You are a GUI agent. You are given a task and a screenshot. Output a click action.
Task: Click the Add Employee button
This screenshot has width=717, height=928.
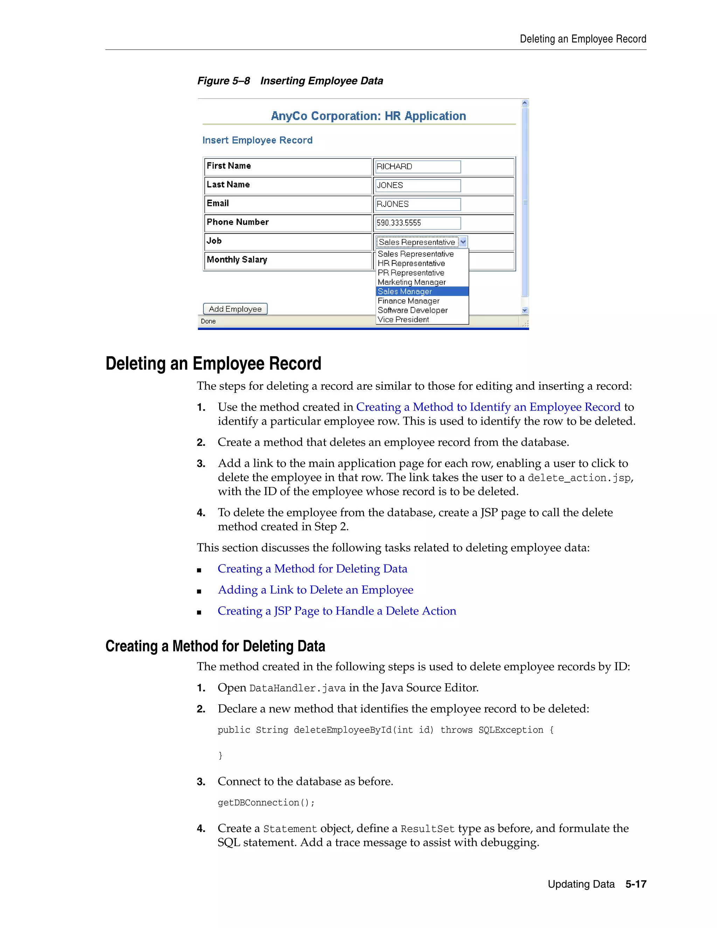click(x=235, y=309)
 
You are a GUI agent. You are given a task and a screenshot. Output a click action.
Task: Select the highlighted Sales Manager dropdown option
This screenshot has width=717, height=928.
click(x=405, y=291)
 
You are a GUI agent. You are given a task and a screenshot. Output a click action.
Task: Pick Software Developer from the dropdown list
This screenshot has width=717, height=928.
click(x=412, y=310)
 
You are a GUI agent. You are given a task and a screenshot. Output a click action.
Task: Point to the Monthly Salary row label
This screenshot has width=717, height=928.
click(x=237, y=259)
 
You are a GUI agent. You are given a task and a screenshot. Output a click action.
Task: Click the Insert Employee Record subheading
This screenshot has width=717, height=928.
click(x=257, y=140)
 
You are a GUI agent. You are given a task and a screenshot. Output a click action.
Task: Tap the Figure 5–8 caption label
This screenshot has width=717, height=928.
click(x=223, y=81)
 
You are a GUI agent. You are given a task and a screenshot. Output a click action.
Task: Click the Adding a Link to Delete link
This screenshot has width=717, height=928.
click(x=315, y=590)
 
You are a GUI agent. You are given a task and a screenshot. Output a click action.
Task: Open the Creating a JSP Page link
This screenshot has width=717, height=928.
click(x=336, y=611)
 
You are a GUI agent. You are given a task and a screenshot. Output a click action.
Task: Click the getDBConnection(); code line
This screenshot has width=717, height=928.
click(x=266, y=803)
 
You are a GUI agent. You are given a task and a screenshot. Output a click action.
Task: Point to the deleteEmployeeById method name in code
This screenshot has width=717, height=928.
click(x=342, y=730)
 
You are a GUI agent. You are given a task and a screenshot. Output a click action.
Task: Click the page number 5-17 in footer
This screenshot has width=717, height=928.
click(x=635, y=884)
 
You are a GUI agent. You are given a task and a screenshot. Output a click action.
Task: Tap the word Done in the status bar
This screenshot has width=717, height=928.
click(x=208, y=321)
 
